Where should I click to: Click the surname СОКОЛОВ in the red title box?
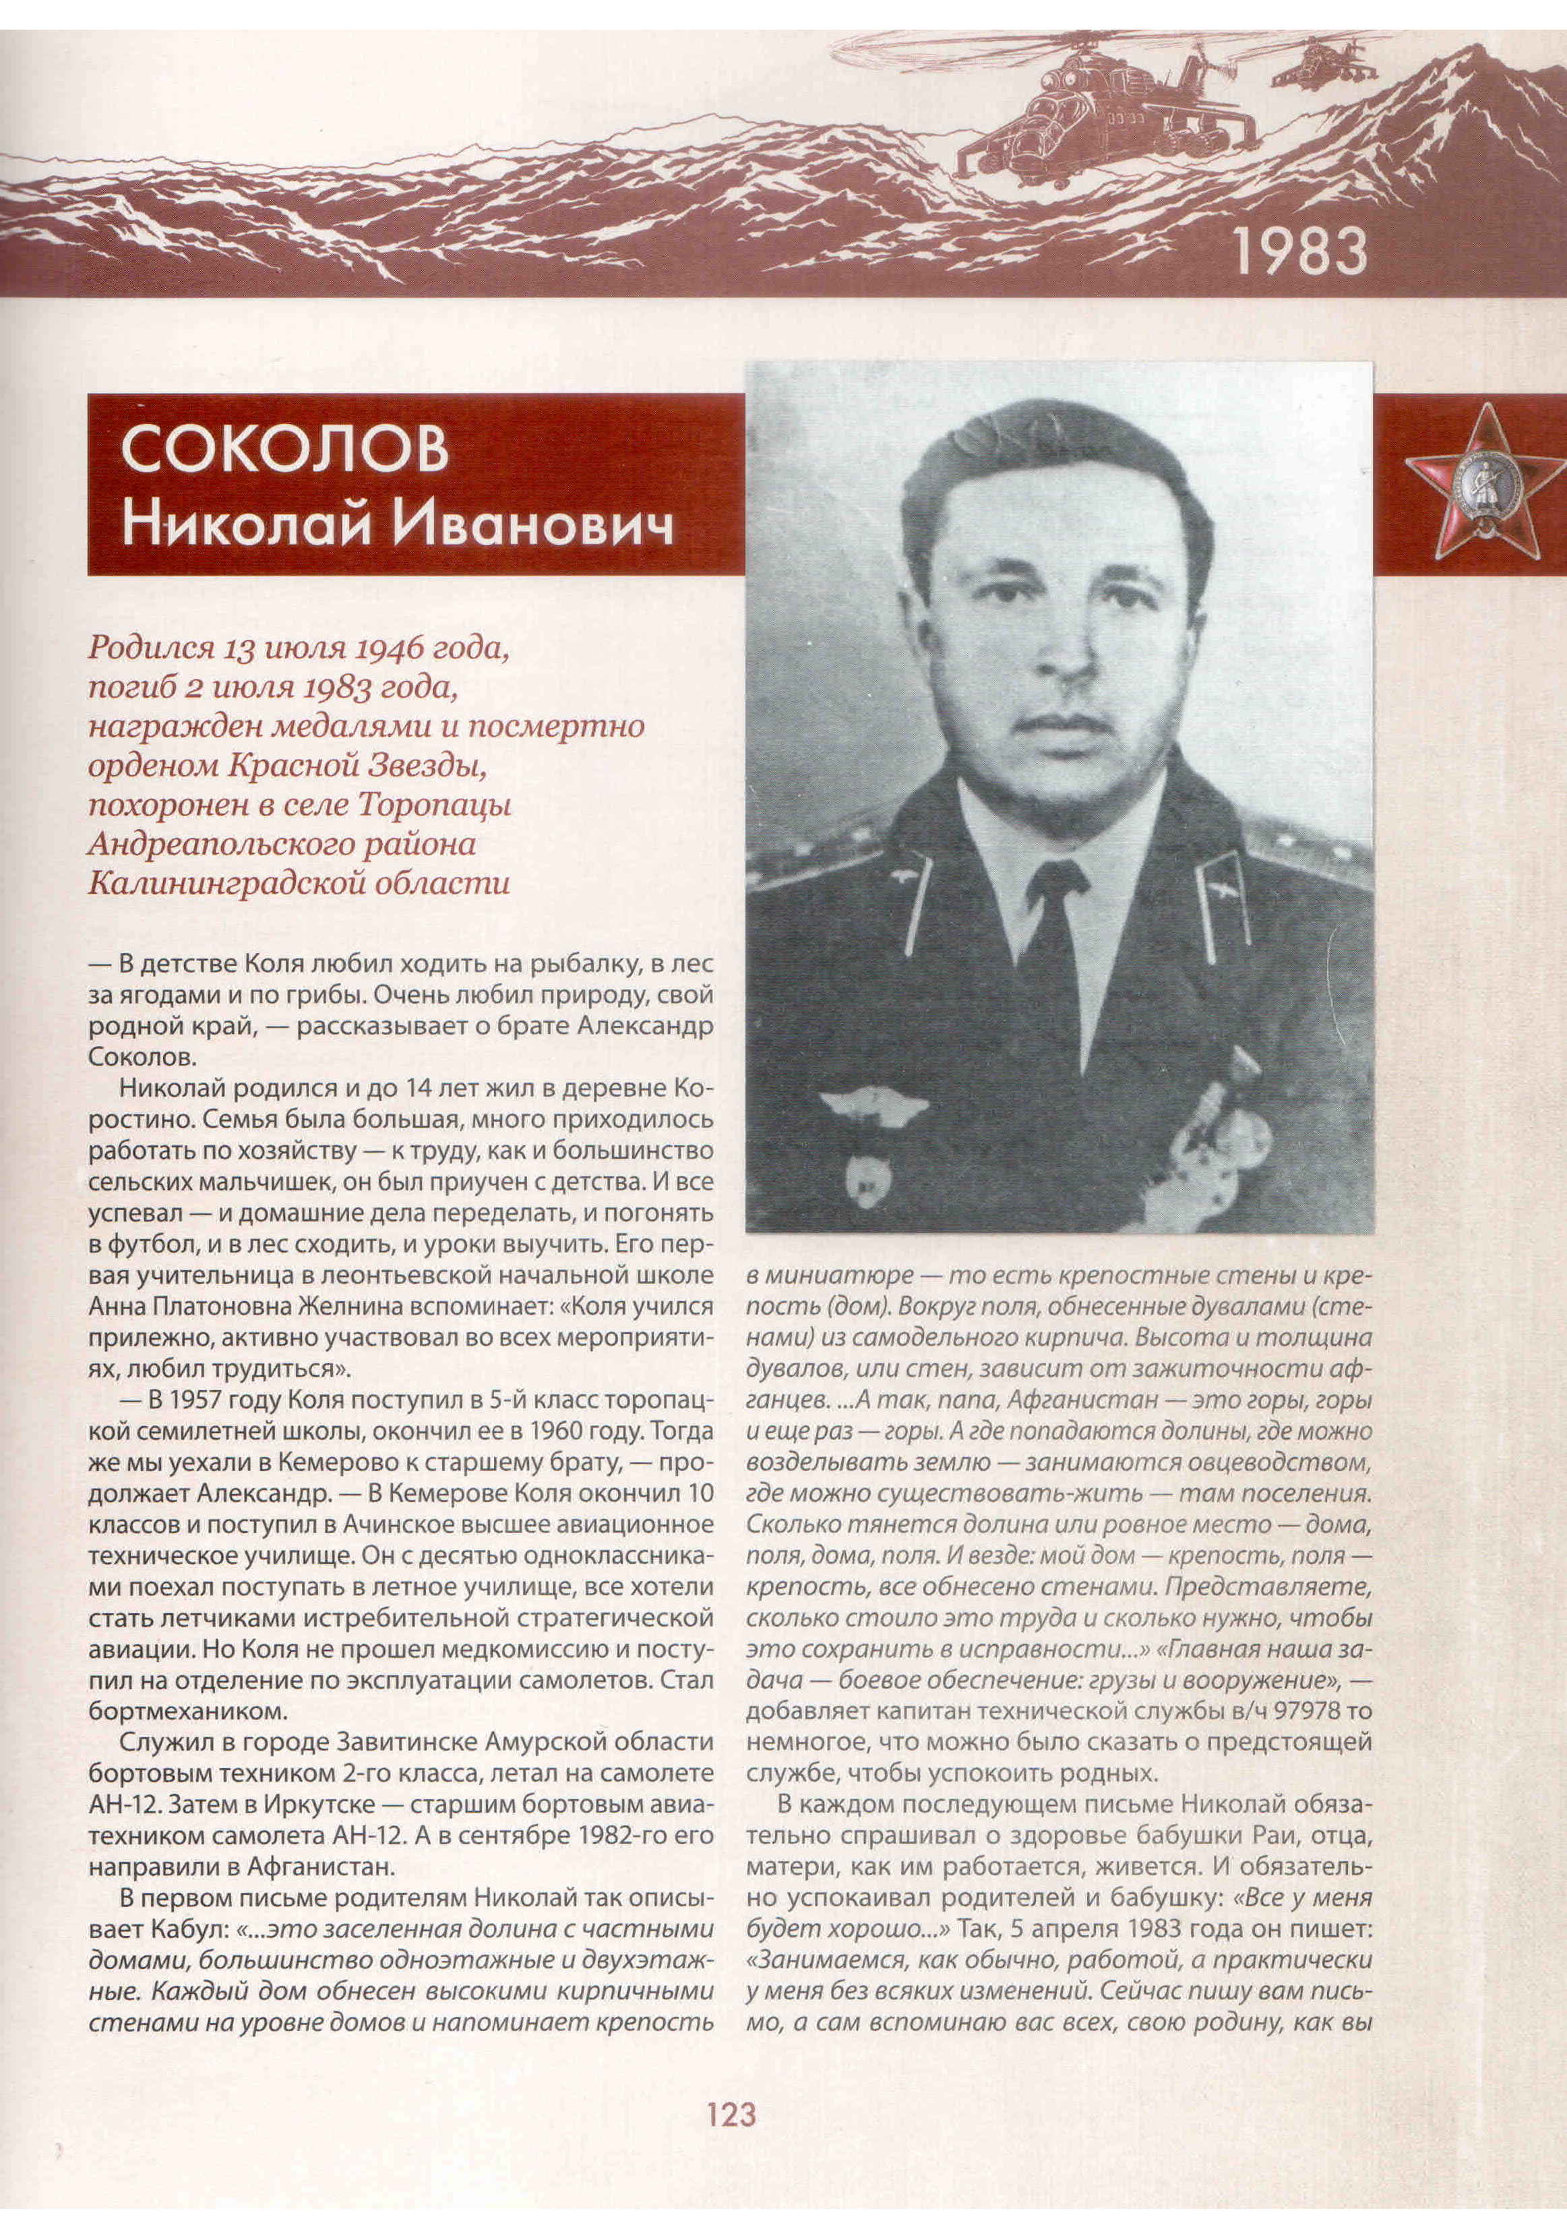click(284, 450)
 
